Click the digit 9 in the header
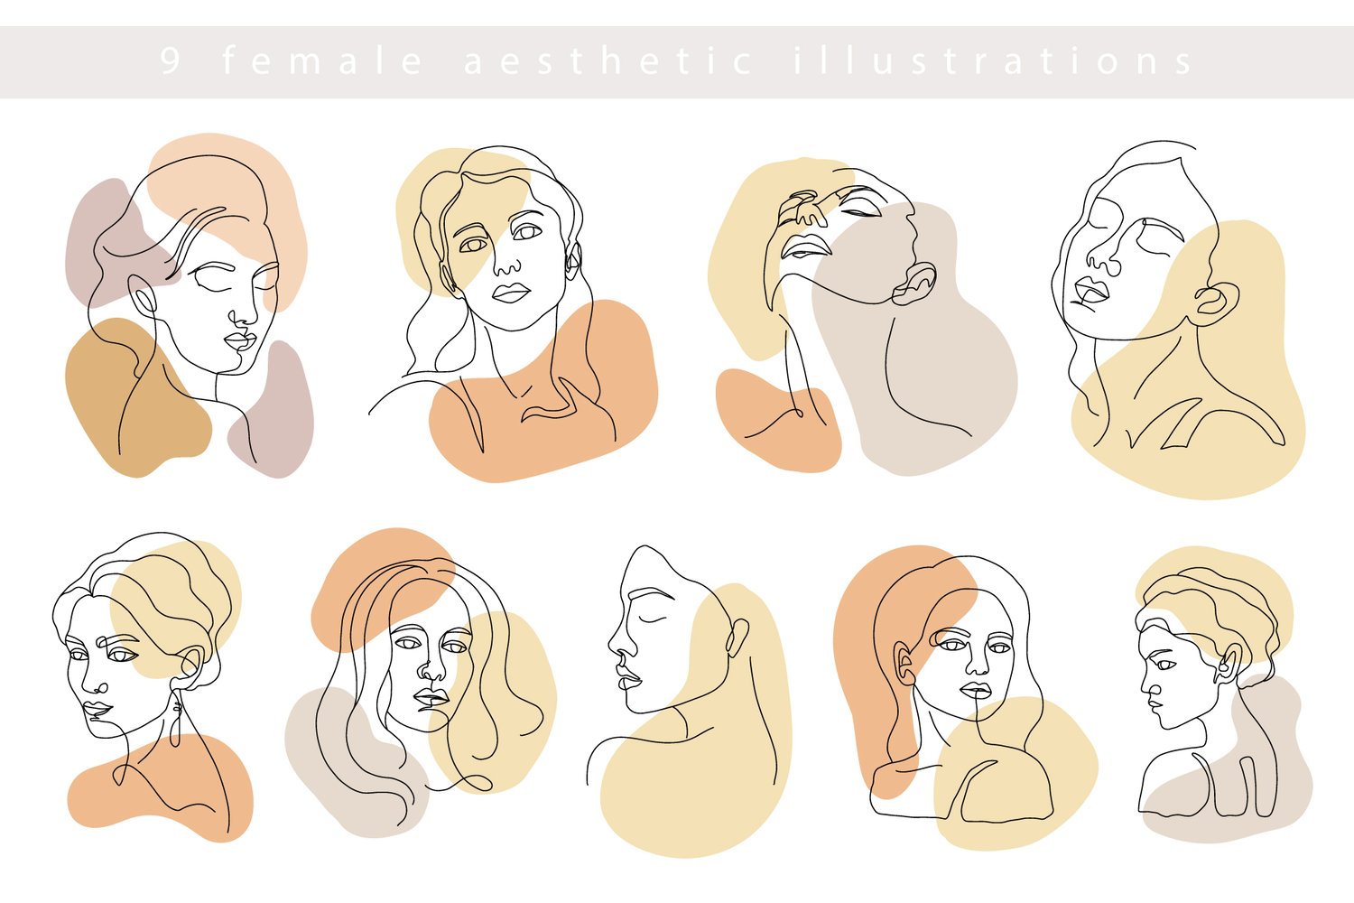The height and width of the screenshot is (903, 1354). pos(171,61)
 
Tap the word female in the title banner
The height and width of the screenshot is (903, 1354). pos(322,61)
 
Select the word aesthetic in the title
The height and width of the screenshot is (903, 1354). pos(608,61)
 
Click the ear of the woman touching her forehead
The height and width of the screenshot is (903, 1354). pos(913,284)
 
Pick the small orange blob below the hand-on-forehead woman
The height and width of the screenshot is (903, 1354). pos(778,420)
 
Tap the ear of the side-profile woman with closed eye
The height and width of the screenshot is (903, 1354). pos(737,637)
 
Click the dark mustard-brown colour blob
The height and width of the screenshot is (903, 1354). pos(137,397)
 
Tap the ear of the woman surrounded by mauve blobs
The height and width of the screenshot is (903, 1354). pos(144,296)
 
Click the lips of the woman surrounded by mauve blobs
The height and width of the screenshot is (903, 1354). pos(240,340)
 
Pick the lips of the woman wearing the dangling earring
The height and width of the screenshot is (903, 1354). pos(97,708)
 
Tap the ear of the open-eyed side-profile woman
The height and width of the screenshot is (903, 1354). pos(1229,662)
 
